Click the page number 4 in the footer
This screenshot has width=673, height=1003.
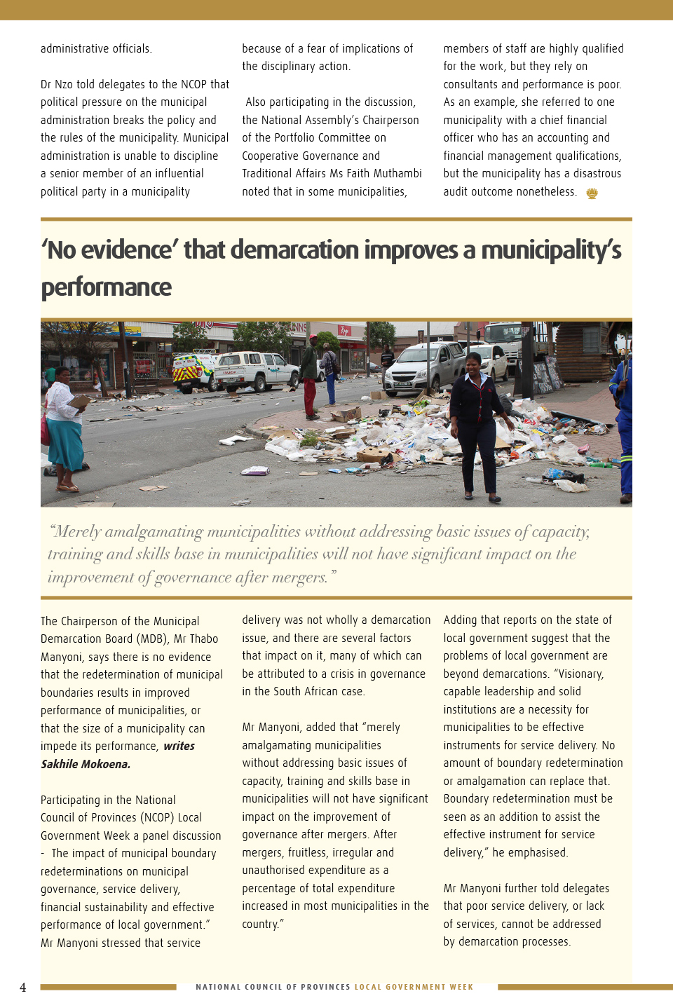tap(23, 988)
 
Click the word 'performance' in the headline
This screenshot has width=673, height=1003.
tap(107, 287)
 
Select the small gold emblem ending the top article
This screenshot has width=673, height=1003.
tap(592, 193)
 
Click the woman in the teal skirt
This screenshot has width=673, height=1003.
tap(64, 428)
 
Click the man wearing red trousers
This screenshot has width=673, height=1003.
tap(310, 378)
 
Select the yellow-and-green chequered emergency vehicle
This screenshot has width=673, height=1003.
tap(193, 369)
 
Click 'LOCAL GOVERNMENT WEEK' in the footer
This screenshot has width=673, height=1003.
tap(414, 987)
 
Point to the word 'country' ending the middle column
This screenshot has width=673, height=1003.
tap(260, 924)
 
